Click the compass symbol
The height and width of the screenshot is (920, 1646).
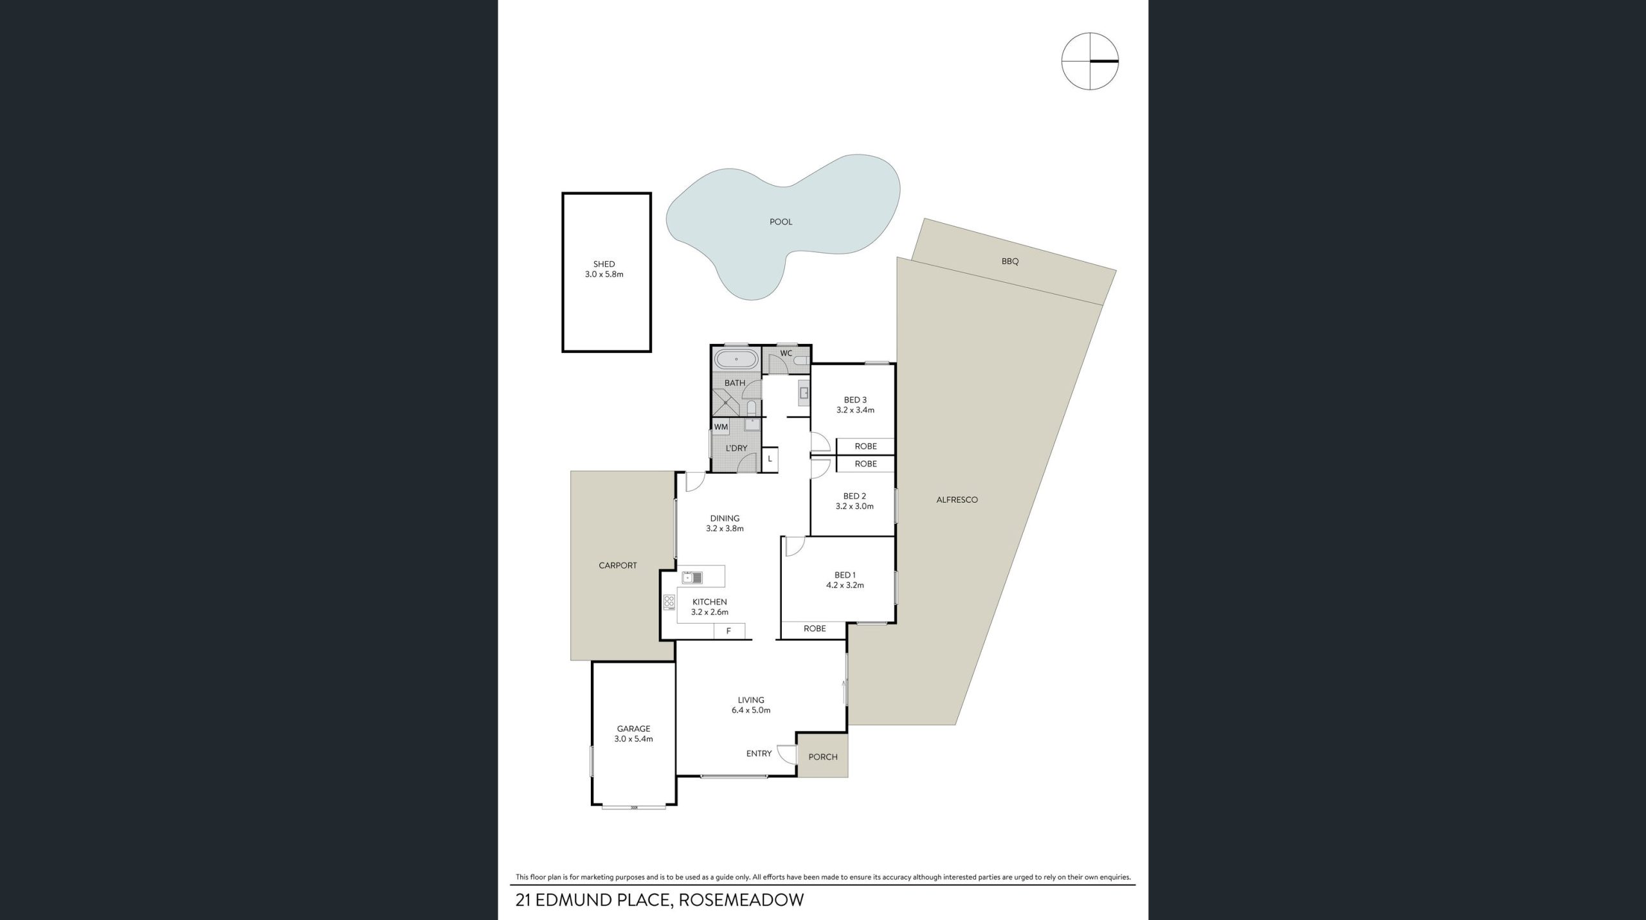tap(1090, 61)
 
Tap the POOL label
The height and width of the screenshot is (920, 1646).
tap(781, 222)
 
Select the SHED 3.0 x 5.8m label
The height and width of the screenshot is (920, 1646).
tap(604, 269)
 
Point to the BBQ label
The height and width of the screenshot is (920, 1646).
tap(1009, 262)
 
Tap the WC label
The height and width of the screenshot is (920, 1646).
tap(786, 353)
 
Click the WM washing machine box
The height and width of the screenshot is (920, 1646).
tap(721, 427)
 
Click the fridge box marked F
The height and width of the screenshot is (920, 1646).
tap(729, 631)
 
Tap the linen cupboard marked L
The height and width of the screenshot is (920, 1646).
tap(770, 459)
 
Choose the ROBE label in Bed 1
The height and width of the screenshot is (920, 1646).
tap(815, 628)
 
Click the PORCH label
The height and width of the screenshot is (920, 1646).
tap(823, 757)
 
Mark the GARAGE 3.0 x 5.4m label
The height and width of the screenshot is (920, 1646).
tap(633, 734)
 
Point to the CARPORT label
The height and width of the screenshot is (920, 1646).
tap(617, 566)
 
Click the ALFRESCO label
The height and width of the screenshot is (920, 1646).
tap(957, 500)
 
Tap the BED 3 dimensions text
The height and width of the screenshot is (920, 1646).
tap(855, 410)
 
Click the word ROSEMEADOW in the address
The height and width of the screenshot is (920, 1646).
tap(742, 899)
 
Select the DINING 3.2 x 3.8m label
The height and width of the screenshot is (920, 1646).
tap(725, 523)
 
